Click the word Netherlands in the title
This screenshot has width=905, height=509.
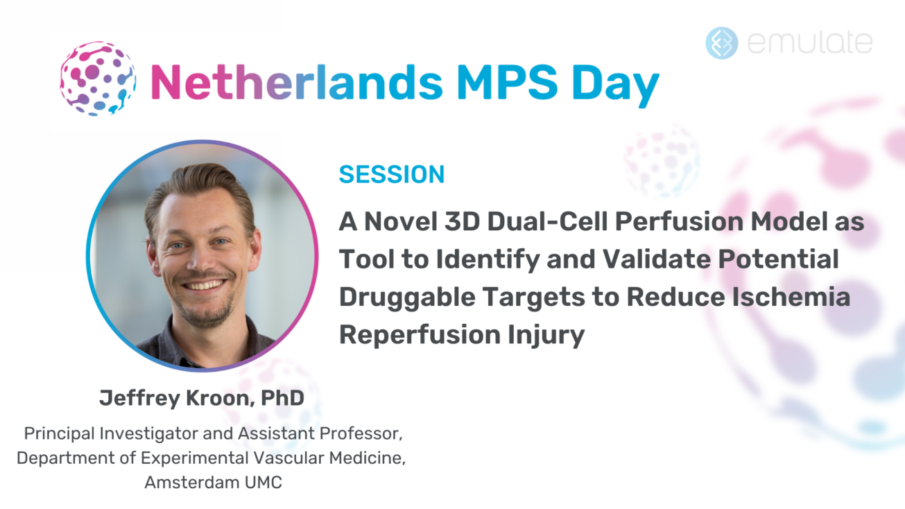296,81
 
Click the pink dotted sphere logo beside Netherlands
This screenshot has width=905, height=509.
97,78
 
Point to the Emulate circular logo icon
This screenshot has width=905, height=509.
721,42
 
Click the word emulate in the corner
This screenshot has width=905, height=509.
810,42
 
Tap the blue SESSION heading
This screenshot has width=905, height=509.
391,175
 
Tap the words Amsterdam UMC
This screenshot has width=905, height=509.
213,483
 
